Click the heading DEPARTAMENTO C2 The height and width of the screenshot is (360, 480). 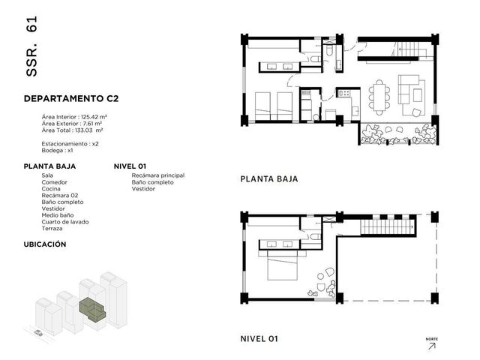click(x=71, y=98)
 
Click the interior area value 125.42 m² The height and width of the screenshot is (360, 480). click(x=94, y=117)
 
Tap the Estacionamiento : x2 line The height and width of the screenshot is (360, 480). click(x=70, y=144)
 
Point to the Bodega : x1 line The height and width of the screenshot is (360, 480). click(x=57, y=151)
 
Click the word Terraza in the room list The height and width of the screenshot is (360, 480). click(x=52, y=229)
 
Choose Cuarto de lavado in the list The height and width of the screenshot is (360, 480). click(x=65, y=222)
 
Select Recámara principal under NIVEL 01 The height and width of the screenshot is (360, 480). click(x=158, y=175)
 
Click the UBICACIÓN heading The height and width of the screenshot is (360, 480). click(x=45, y=244)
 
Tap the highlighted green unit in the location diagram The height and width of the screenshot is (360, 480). click(x=91, y=308)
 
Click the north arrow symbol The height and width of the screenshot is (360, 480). click(x=432, y=346)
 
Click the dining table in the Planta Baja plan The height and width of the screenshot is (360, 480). click(x=379, y=97)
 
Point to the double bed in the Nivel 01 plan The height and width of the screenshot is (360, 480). click(x=282, y=265)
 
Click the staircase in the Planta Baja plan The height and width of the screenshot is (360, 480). click(x=408, y=49)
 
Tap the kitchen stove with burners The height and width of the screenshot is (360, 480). click(x=344, y=93)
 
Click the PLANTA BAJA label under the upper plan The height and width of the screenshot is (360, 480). click(x=269, y=179)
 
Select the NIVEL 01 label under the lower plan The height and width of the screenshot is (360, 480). click(x=259, y=339)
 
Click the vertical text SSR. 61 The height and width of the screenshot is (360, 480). click(x=31, y=46)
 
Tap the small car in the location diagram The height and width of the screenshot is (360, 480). click(x=38, y=332)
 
